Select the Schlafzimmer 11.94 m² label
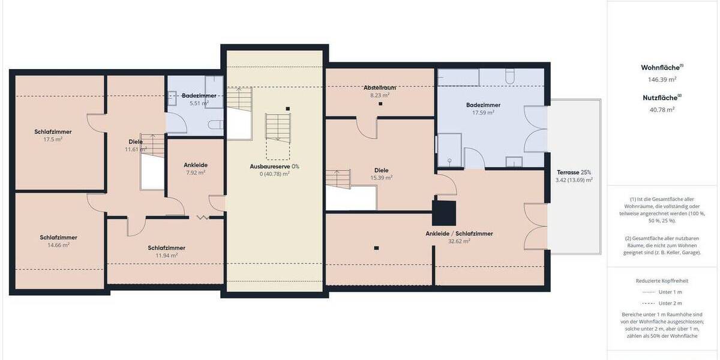pyautogui.click(x=166, y=251)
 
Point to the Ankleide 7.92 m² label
pyautogui.click(x=195, y=168)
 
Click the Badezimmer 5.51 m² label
pyautogui.click(x=199, y=99)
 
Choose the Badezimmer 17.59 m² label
pyautogui.click(x=483, y=109)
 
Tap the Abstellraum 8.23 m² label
pyautogui.click(x=380, y=91)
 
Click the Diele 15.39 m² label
pyautogui.click(x=382, y=173)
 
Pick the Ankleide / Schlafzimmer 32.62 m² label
pyautogui.click(x=459, y=237)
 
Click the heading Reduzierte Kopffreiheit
pyautogui.click(x=662, y=280)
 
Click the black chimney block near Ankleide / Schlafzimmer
pyautogui.click(x=445, y=211)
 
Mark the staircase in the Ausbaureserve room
pyautogui.click(x=277, y=127)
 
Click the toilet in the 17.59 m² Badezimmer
pyautogui.click(x=510, y=76)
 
